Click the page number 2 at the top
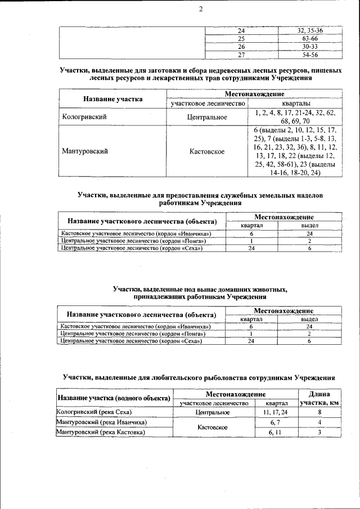pos(184,9)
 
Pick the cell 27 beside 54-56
pos(242,55)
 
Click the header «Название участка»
pos(113,99)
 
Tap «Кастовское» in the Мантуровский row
pos(208,151)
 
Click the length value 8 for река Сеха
pos(319,412)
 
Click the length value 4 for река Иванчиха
pos(319,422)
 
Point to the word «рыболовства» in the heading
pos(200,377)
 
